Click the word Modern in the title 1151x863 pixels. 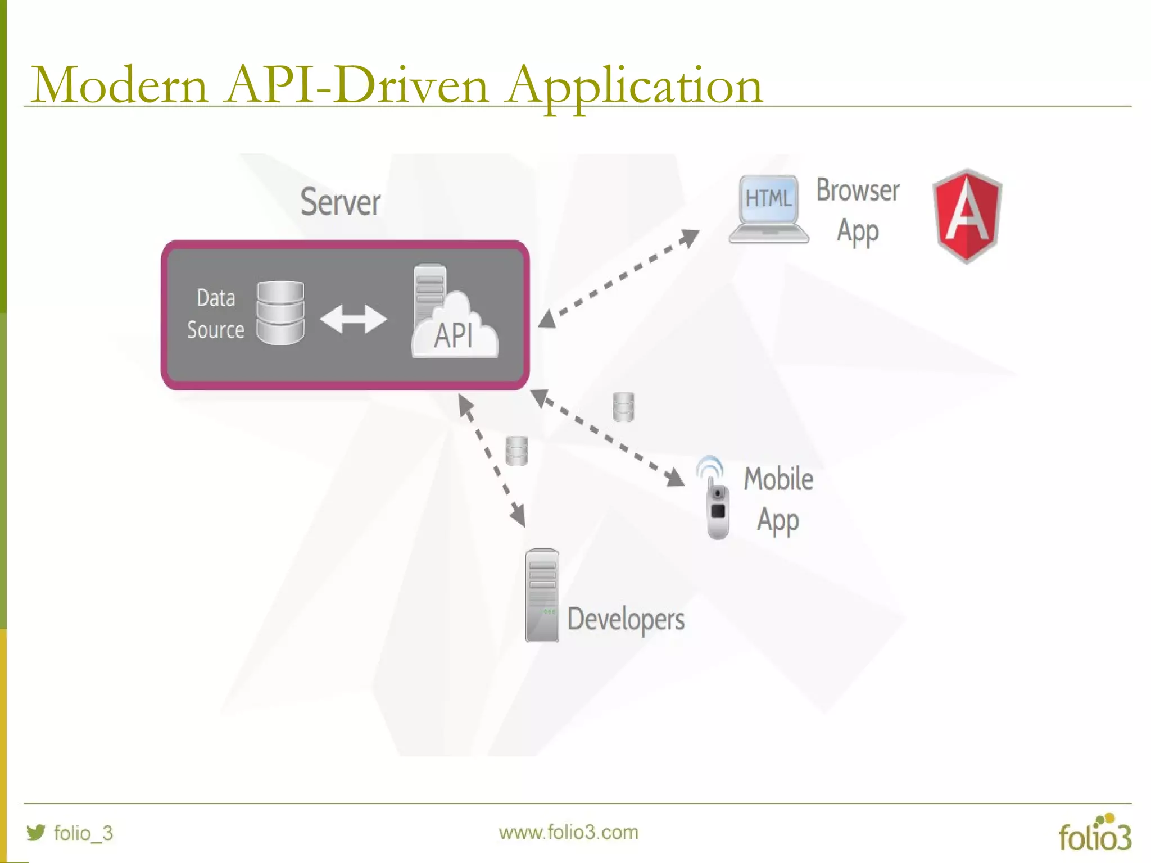pyautogui.click(x=120, y=85)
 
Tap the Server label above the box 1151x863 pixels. pyautogui.click(x=340, y=202)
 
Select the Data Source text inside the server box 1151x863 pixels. pyautogui.click(x=216, y=314)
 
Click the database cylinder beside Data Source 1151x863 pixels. pyautogui.click(x=280, y=312)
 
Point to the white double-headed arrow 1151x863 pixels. pyautogui.click(x=354, y=319)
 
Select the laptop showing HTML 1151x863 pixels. pyautogui.click(x=769, y=209)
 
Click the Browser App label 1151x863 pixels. pyautogui.click(x=858, y=211)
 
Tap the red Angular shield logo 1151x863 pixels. pyautogui.click(x=967, y=216)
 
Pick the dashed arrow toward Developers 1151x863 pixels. pyautogui.click(x=492, y=461)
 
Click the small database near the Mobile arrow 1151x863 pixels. pyautogui.click(x=623, y=407)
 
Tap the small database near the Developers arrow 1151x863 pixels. pyautogui.click(x=516, y=451)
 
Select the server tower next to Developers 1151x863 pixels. pyautogui.click(x=542, y=596)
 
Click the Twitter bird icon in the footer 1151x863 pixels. pyautogui.click(x=36, y=832)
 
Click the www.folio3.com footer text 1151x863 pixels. pyautogui.click(x=568, y=832)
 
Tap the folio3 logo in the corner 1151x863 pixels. pyautogui.click(x=1094, y=833)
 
